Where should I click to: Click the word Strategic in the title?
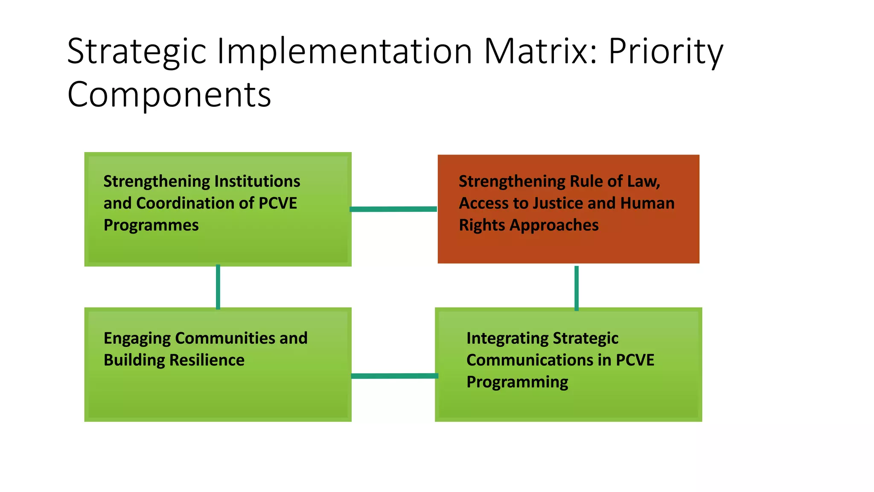pos(137,51)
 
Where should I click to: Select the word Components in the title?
pos(169,95)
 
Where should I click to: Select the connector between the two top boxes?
pos(393,209)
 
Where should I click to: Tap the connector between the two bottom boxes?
pos(394,376)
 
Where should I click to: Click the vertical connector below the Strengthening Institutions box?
pos(218,287)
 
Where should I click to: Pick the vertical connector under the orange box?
pos(577,288)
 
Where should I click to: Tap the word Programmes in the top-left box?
pos(151,225)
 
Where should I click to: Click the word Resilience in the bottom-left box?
pos(207,360)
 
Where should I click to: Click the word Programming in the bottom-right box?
pos(517,382)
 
